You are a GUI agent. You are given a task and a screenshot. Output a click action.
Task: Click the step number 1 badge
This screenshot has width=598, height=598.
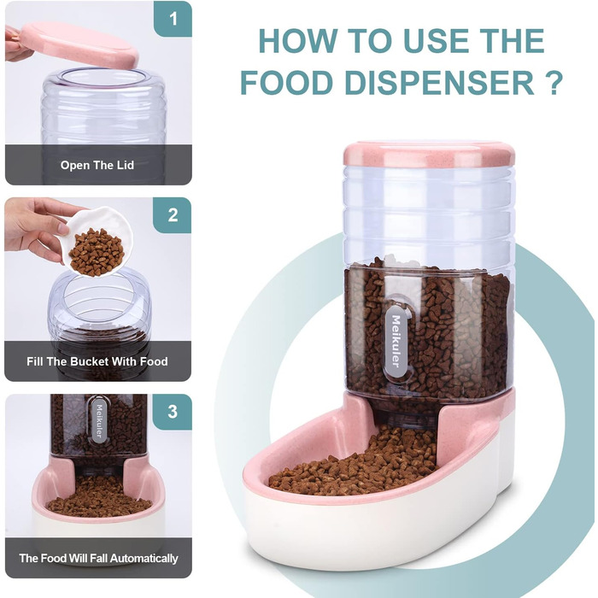173,19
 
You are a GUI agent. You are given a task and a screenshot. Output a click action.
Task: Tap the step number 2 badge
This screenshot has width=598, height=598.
173,215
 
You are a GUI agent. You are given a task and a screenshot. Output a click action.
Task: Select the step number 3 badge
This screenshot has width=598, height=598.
173,412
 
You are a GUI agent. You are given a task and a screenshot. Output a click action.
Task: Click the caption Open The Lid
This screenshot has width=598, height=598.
97,165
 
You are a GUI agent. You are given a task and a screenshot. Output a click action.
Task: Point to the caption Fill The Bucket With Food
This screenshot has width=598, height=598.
97,361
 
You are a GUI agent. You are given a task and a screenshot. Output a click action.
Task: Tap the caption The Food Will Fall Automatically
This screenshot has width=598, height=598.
99,559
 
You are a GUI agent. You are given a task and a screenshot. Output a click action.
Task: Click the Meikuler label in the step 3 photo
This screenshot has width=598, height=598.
99,420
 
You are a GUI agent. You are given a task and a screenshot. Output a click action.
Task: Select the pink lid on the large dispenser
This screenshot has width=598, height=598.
429,154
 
